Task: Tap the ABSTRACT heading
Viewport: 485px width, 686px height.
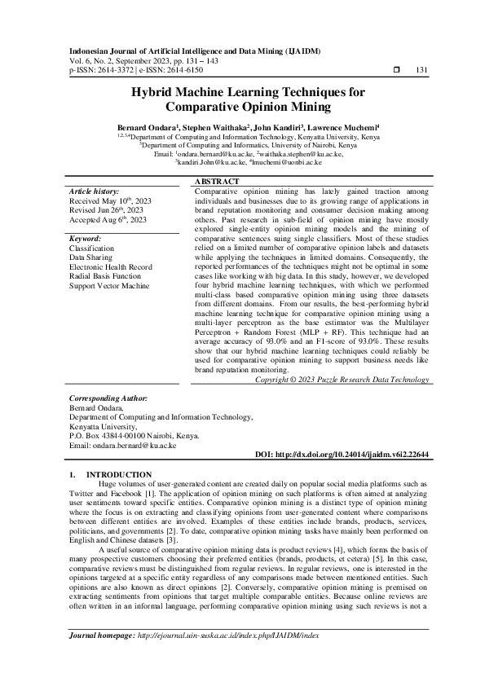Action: click(x=217, y=181)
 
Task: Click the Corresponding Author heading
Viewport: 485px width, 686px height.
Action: click(x=108, y=398)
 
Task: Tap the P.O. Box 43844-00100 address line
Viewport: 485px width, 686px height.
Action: click(x=134, y=436)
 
